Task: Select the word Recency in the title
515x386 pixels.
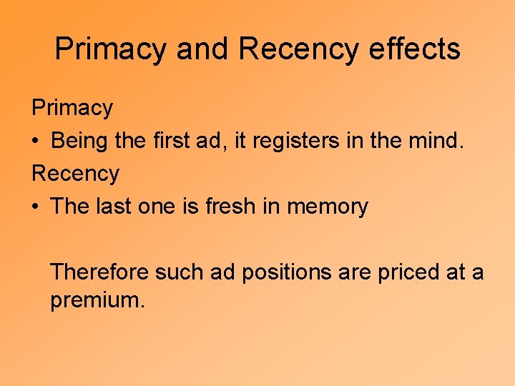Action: tap(298, 49)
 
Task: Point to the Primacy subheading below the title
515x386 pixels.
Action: tap(72, 108)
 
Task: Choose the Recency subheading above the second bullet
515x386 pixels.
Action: tap(75, 174)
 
